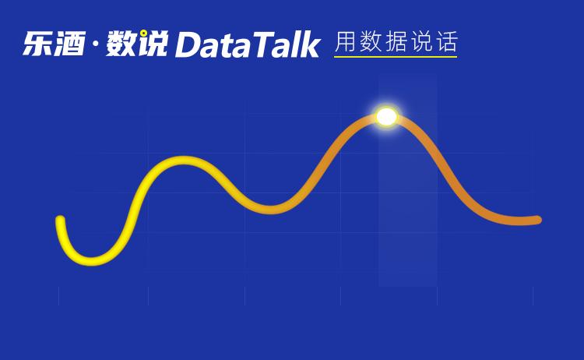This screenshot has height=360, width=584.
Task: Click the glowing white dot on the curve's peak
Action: click(x=386, y=117)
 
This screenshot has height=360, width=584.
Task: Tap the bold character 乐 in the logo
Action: click(x=37, y=44)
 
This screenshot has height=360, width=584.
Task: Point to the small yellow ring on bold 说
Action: click(x=144, y=34)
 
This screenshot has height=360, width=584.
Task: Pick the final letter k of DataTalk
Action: click(x=310, y=45)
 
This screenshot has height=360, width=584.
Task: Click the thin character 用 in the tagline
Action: click(x=346, y=42)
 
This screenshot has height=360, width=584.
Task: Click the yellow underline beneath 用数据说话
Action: click(x=395, y=57)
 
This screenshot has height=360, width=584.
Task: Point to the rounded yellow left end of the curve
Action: click(x=60, y=221)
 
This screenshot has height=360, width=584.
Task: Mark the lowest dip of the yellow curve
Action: click(x=91, y=259)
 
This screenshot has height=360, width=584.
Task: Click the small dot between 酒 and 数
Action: click(x=94, y=44)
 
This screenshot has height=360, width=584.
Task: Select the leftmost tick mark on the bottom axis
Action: click(x=58, y=295)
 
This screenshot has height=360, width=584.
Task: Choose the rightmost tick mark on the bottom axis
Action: click(x=533, y=295)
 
